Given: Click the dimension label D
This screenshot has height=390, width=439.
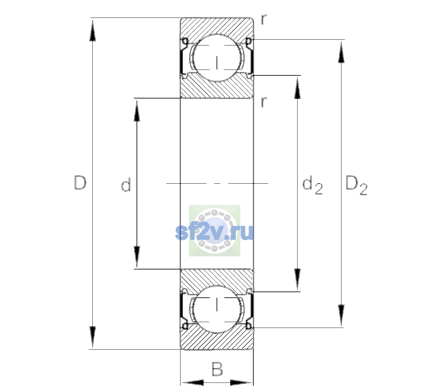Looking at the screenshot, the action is pyautogui.click(x=80, y=183).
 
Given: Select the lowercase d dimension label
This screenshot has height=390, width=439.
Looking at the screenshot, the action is pyautogui.click(x=126, y=185).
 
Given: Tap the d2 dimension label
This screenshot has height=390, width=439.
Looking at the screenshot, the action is pyautogui.click(x=312, y=185).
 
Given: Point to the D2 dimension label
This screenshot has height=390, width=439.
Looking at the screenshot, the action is pyautogui.click(x=356, y=185).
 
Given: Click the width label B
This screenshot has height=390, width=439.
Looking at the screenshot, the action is pyautogui.click(x=217, y=369).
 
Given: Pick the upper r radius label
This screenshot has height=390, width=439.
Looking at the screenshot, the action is pyautogui.click(x=264, y=19).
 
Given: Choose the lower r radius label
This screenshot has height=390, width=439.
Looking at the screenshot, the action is pyautogui.click(x=264, y=102).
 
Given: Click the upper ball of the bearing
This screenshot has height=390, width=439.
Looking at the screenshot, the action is pyautogui.click(x=217, y=58).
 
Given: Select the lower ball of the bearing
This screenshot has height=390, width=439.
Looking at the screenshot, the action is pyautogui.click(x=217, y=309).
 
